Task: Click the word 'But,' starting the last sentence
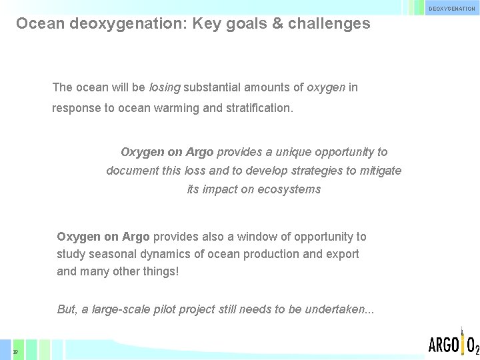(x=67, y=309)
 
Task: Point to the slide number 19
(x=15, y=351)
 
